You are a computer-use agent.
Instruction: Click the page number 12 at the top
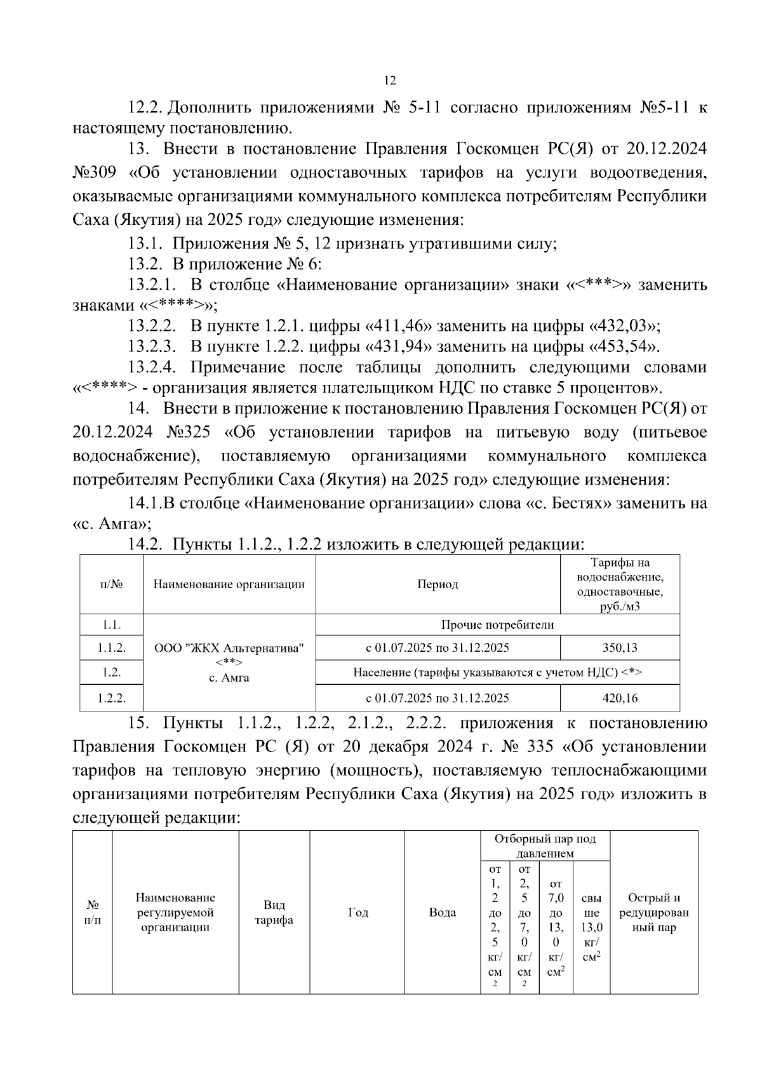pyautogui.click(x=390, y=81)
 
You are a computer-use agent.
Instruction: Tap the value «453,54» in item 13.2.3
pyautogui.click(x=624, y=347)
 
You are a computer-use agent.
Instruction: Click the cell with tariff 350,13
pyautogui.click(x=620, y=648)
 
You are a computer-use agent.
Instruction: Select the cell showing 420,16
pyautogui.click(x=620, y=698)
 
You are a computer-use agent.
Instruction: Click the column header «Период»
pyautogui.click(x=438, y=584)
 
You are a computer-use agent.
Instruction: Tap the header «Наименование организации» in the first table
pyautogui.click(x=229, y=584)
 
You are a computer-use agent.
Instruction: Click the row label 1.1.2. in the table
pyautogui.click(x=111, y=648)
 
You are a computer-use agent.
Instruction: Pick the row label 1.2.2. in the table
pyautogui.click(x=111, y=698)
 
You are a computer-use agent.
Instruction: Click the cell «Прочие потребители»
pyautogui.click(x=497, y=625)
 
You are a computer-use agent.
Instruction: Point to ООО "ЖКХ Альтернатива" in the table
pyautogui.click(x=229, y=649)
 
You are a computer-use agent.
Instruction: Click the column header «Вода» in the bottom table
pyautogui.click(x=442, y=913)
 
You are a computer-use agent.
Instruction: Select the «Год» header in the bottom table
pyautogui.click(x=358, y=913)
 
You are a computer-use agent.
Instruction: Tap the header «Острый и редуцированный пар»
pyautogui.click(x=653, y=913)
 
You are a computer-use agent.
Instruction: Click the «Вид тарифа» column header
pyautogui.click(x=274, y=913)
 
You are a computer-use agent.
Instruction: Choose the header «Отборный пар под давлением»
pyautogui.click(x=545, y=846)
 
